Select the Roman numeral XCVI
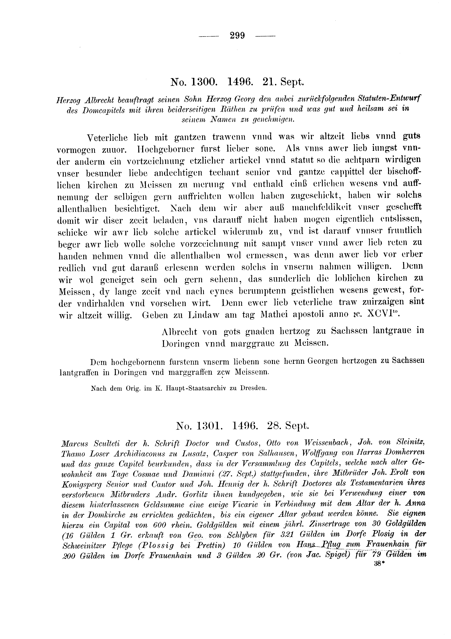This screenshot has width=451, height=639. point(383,314)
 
